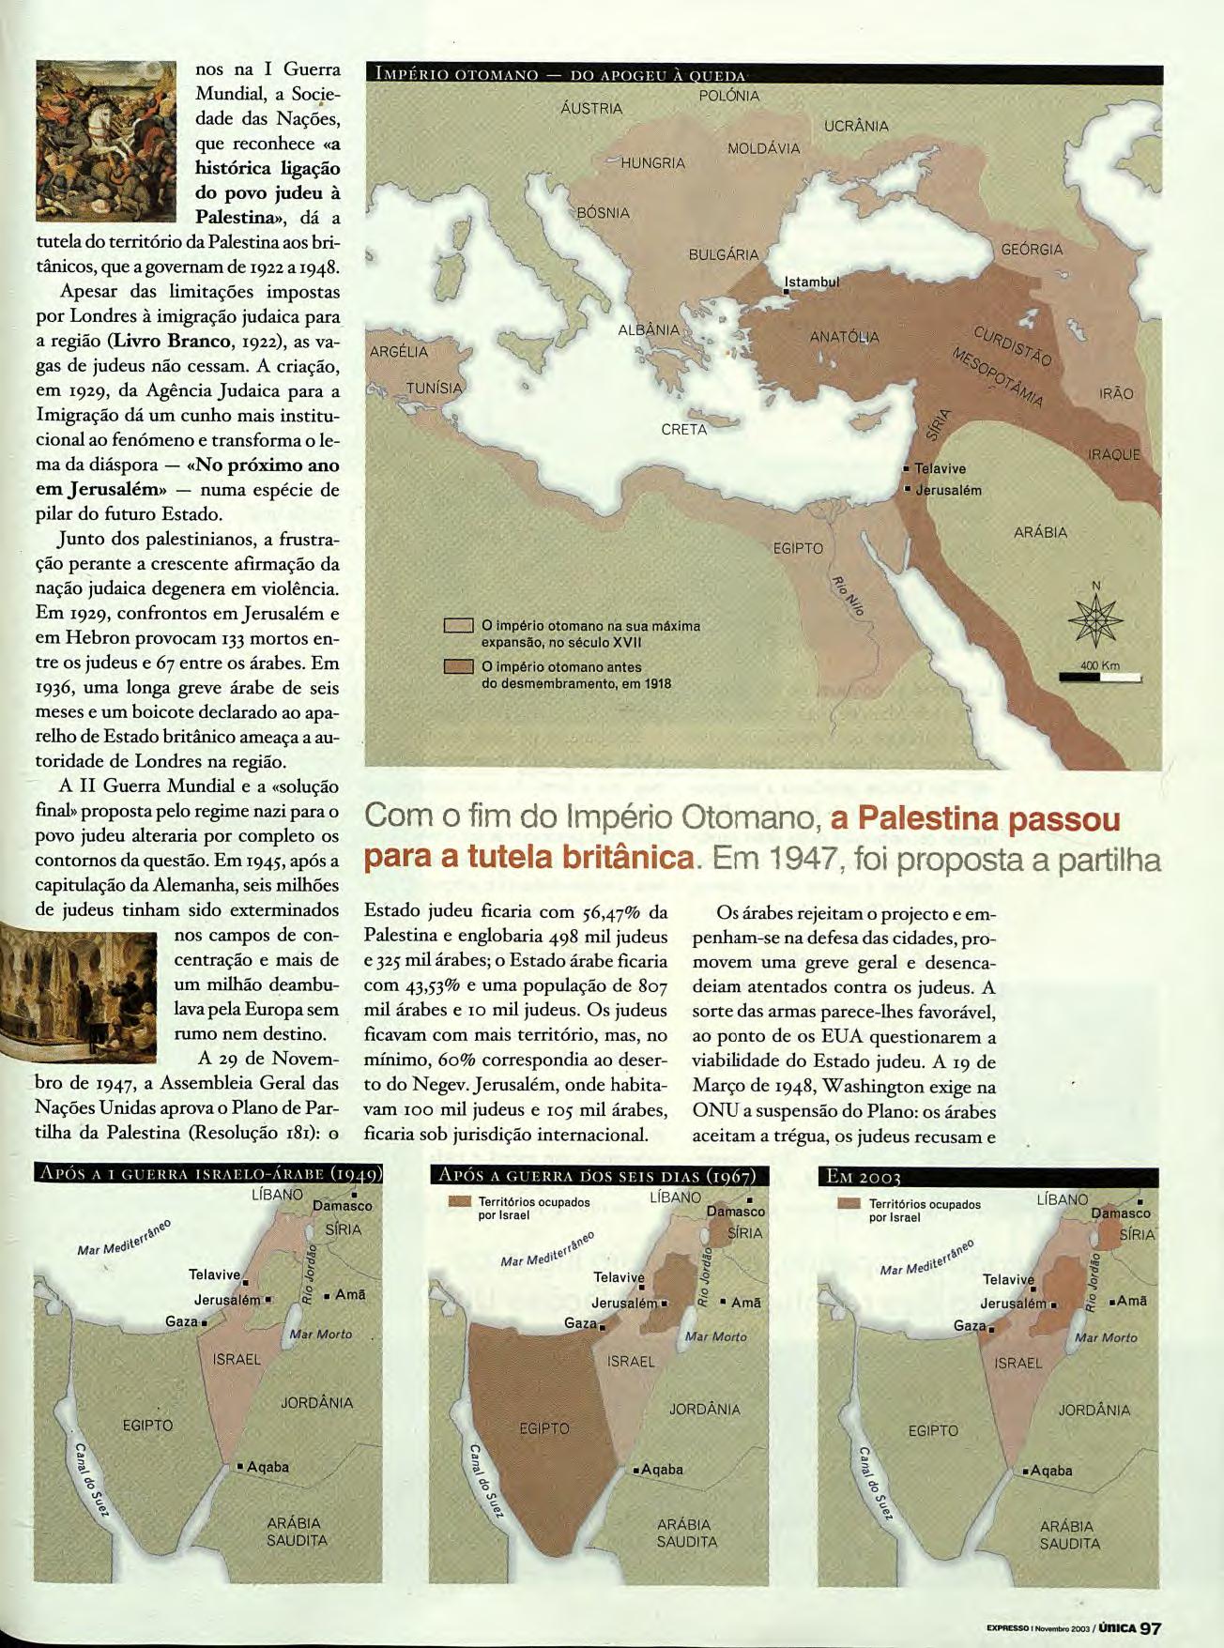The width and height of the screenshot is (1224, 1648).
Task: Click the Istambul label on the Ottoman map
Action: pyautogui.click(x=812, y=281)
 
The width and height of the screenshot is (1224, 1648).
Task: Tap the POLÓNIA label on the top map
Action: pyautogui.click(x=729, y=96)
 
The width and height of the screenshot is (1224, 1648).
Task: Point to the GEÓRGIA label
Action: pyautogui.click(x=1033, y=250)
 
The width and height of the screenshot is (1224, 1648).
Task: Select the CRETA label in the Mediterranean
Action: pyautogui.click(x=684, y=430)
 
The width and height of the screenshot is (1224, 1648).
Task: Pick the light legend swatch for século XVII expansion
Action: pyautogui.click(x=458, y=626)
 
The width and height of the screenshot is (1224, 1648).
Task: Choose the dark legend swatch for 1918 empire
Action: pyautogui.click(x=458, y=667)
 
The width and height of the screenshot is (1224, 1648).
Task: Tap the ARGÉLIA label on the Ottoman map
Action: pyautogui.click(x=399, y=352)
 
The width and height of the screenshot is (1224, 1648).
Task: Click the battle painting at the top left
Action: pyautogui.click(x=106, y=141)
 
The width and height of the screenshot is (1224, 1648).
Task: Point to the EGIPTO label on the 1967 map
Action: pyautogui.click(x=544, y=1428)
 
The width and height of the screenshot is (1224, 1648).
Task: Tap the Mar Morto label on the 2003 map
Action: pyautogui.click(x=1106, y=1337)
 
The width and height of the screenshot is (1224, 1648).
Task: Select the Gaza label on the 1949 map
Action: pyautogui.click(x=182, y=1321)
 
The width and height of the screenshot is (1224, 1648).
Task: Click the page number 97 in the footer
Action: pyautogui.click(x=1151, y=1628)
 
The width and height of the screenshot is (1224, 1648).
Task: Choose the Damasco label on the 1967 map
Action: pyautogui.click(x=735, y=1212)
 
